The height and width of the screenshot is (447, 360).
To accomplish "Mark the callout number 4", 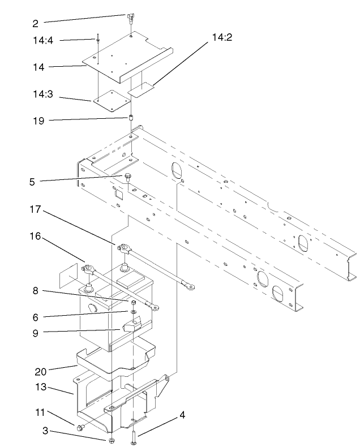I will [x=182, y=415].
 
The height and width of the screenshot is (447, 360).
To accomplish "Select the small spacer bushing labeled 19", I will [x=130, y=119].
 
